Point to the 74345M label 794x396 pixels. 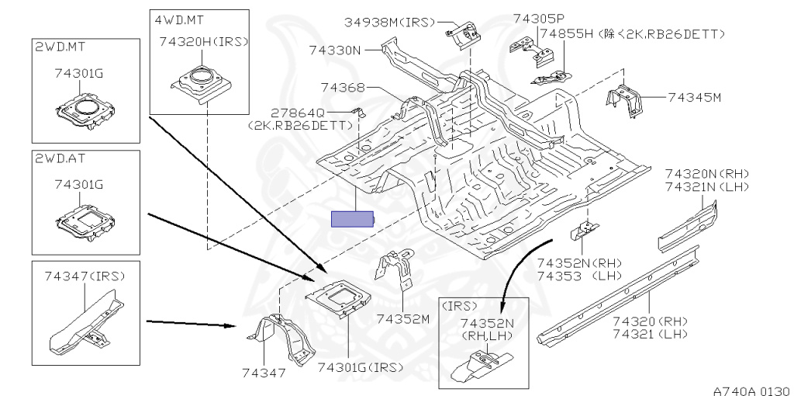695,98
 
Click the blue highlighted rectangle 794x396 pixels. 352,219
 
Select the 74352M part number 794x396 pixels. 403,318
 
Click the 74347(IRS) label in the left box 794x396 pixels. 85,276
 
